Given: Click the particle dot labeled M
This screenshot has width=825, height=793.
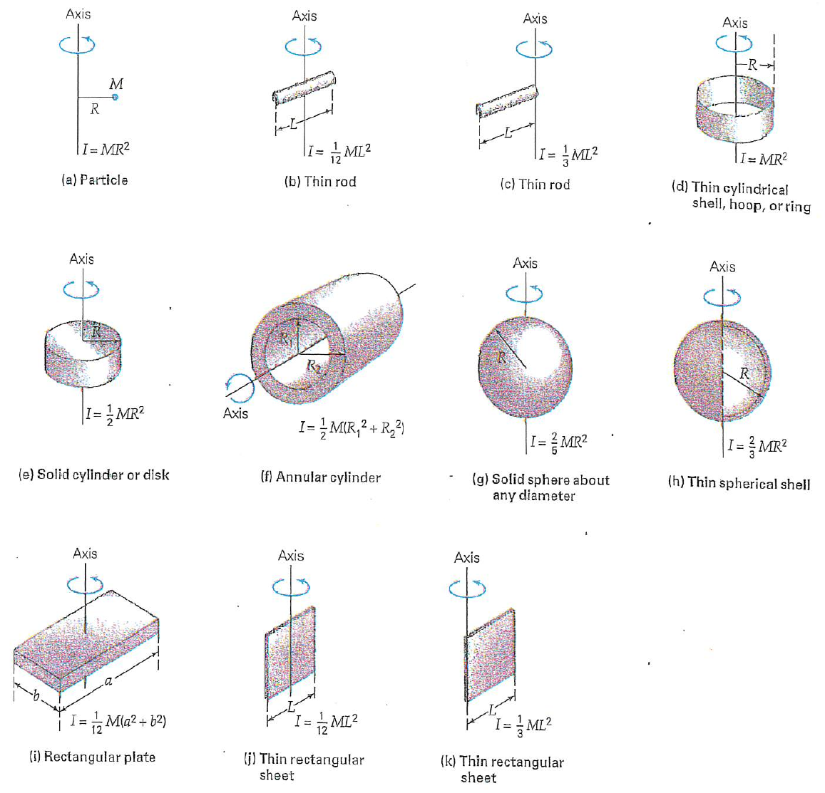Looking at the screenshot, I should (x=116, y=97).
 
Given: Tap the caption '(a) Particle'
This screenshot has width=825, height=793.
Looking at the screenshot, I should (x=95, y=180).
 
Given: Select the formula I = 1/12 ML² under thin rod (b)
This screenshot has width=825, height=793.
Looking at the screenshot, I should (x=340, y=152).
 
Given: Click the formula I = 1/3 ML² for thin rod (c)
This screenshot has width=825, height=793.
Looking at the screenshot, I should (x=568, y=155).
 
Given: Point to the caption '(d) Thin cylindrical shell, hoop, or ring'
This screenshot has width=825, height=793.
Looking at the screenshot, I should (x=740, y=197).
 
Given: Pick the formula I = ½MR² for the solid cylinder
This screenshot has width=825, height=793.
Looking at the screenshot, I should (x=116, y=414).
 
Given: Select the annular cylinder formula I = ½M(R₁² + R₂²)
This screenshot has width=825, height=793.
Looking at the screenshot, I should (x=352, y=427).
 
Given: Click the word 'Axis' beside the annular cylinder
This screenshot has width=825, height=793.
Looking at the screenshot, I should (x=235, y=413).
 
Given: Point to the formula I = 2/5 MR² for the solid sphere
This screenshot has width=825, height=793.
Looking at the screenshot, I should (x=559, y=442).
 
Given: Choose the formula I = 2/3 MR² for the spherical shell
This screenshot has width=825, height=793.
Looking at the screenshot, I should (x=757, y=446).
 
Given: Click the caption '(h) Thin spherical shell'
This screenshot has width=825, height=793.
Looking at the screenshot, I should (x=739, y=483).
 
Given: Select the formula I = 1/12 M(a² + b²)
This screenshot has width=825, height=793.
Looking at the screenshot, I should (x=118, y=722).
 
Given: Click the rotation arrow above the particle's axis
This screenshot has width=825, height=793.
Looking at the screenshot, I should (x=78, y=45).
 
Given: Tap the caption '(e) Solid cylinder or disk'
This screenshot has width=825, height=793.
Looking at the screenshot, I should (x=93, y=475).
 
